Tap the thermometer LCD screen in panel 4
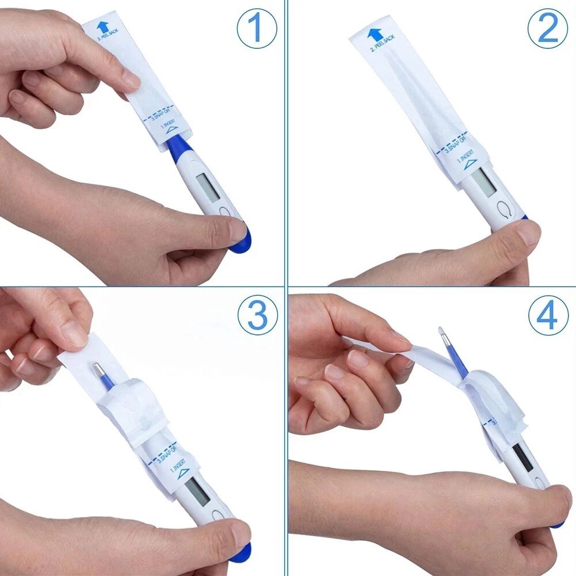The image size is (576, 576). click(522, 456)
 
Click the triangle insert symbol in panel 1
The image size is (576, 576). click(171, 131)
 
